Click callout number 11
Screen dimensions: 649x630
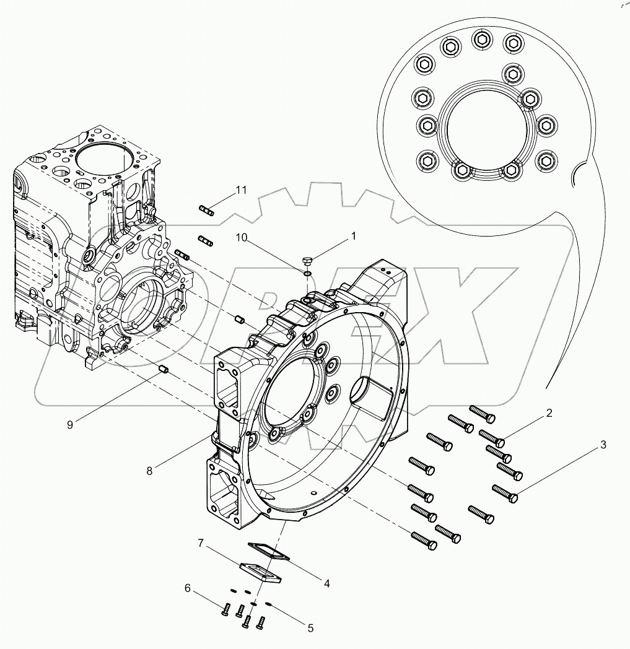[x=240, y=190]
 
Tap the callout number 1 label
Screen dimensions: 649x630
[x=354, y=236]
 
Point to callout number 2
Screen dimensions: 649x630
[x=549, y=413]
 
